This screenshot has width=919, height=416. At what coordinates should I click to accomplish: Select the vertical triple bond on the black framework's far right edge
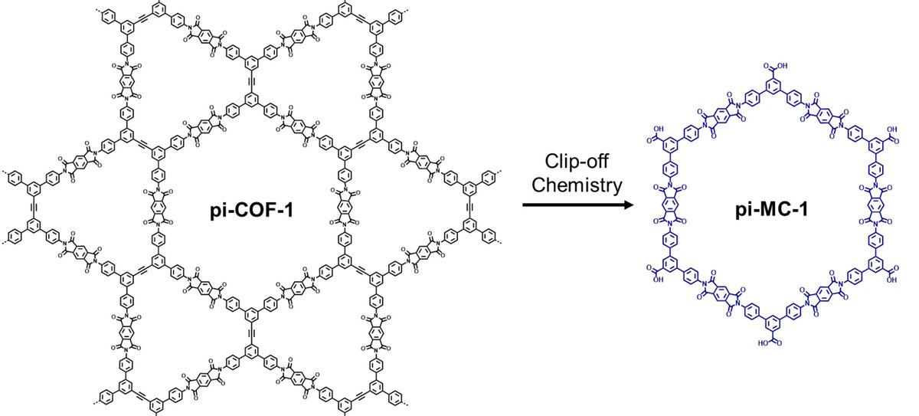tap(468, 208)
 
